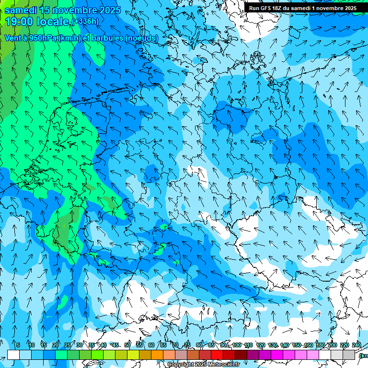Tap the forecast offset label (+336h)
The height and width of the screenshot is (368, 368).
[85, 21]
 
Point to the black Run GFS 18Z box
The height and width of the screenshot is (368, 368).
[302, 8]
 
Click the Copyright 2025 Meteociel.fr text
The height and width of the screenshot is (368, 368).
[203, 364]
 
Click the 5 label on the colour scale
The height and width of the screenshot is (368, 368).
[18, 345]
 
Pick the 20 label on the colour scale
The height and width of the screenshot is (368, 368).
[56, 345]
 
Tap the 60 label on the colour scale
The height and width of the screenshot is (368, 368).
[151, 345]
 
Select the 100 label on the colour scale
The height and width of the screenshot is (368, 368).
[237, 345]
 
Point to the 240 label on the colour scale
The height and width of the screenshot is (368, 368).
[356, 345]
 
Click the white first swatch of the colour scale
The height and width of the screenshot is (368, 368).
[13, 355]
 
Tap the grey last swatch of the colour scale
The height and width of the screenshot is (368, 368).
[349, 355]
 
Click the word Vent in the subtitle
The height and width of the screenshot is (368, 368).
[13, 38]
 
